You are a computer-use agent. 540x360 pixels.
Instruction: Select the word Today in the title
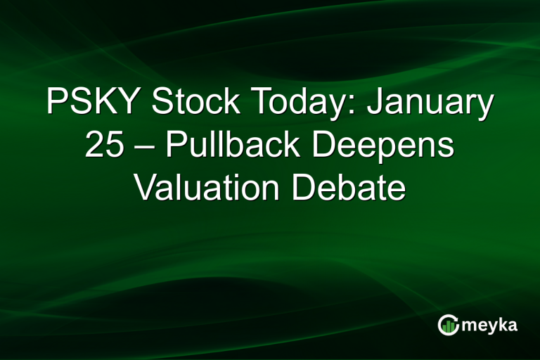(290, 103)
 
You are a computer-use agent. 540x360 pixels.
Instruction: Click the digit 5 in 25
(115, 146)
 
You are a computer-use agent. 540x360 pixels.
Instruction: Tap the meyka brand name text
(491, 325)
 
